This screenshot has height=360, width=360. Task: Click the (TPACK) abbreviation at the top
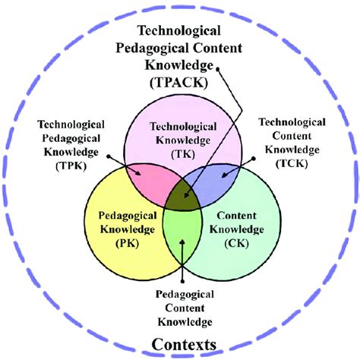pyautogui.click(x=178, y=83)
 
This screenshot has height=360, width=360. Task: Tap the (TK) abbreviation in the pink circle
pyautogui.click(x=183, y=154)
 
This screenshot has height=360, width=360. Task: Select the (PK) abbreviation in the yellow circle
pyautogui.click(x=128, y=243)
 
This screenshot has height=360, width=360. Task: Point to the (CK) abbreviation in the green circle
pyautogui.click(x=237, y=243)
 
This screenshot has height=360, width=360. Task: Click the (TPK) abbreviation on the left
pyautogui.click(x=71, y=166)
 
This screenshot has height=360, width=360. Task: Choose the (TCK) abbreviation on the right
pyautogui.click(x=292, y=163)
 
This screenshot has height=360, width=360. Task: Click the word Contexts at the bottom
pyautogui.click(x=184, y=345)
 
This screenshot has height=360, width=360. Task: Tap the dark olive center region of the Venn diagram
pyautogui.click(x=183, y=195)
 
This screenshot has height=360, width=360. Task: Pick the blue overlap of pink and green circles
pyautogui.click(x=213, y=182)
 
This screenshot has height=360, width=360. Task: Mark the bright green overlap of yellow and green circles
pyautogui.click(x=182, y=234)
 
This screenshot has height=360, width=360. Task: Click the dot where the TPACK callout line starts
pyautogui.click(x=217, y=68)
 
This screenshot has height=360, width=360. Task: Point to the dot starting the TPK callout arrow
pyautogui.click(x=109, y=156)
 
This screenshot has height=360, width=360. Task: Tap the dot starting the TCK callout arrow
pyautogui.click(x=253, y=159)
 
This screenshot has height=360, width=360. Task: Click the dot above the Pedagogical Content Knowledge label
pyautogui.click(x=182, y=281)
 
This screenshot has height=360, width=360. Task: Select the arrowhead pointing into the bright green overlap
pyautogui.click(x=182, y=242)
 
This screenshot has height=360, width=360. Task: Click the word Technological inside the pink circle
pyautogui.click(x=183, y=127)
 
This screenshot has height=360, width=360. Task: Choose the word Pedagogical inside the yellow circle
pyautogui.click(x=128, y=216)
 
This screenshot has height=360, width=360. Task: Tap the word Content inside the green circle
pyautogui.click(x=237, y=216)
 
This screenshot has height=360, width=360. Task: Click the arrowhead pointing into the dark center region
pyautogui.click(x=187, y=194)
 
